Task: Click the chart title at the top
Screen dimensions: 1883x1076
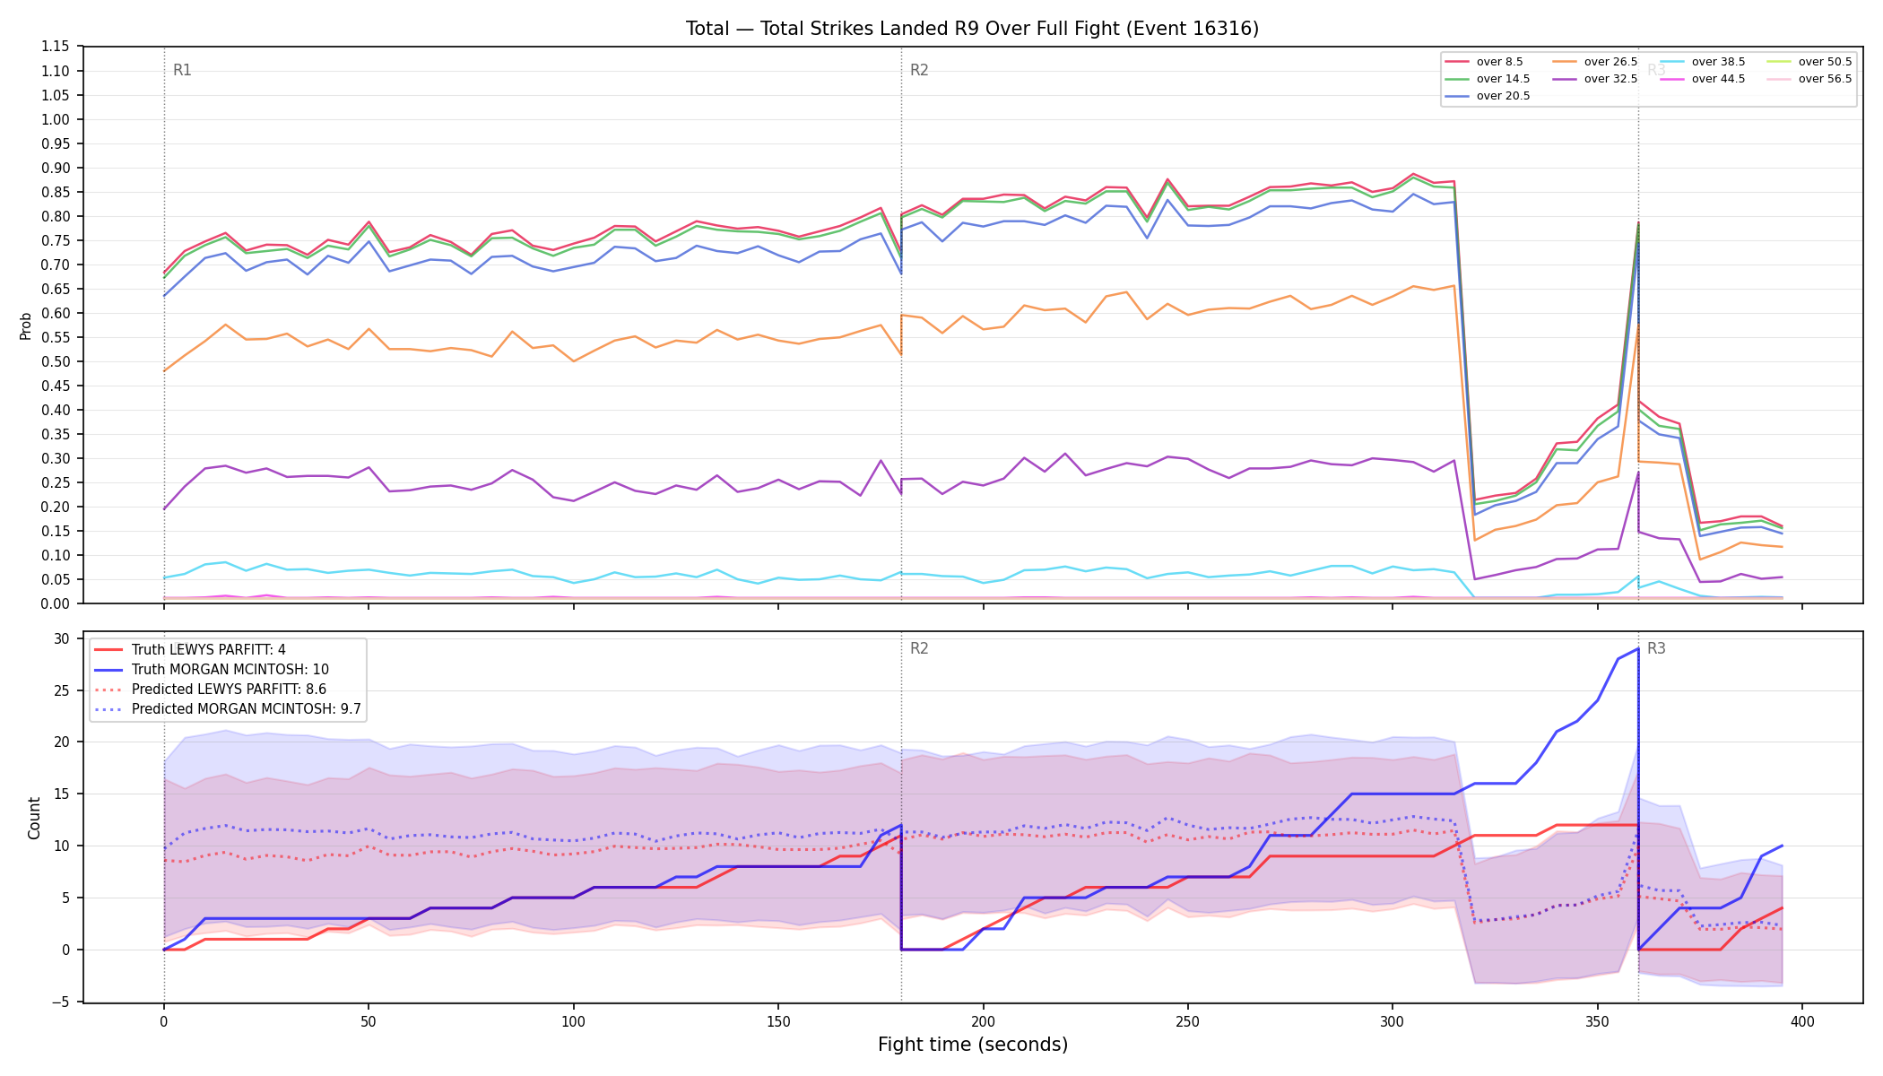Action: (972, 29)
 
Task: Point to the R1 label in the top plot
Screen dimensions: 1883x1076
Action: (182, 70)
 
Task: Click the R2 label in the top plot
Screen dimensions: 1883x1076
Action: (919, 70)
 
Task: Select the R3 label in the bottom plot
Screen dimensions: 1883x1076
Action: (1656, 648)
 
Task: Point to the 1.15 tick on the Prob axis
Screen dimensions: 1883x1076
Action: (55, 47)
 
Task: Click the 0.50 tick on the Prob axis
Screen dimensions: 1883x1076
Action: (55, 361)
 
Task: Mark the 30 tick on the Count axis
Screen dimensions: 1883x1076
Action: (61, 638)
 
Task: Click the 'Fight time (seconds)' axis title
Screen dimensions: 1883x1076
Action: (973, 1045)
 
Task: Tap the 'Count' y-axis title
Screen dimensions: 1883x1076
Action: (35, 818)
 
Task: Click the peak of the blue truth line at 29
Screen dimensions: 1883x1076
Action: (1638, 648)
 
